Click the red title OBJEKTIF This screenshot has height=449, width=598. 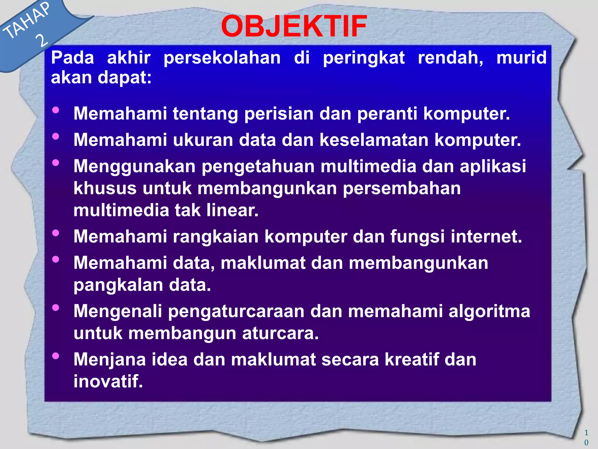[x=294, y=27]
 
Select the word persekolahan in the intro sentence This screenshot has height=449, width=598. [x=222, y=58]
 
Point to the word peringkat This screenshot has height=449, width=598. [x=364, y=58]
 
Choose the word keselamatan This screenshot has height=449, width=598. [x=374, y=140]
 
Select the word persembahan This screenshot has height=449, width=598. [x=401, y=188]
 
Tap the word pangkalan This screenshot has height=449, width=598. [x=118, y=285]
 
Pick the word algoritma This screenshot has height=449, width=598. [x=489, y=311]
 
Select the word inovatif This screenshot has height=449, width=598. [x=108, y=381]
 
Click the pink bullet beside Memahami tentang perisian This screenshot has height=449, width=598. [x=55, y=110]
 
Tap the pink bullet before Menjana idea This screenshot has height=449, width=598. [x=55, y=356]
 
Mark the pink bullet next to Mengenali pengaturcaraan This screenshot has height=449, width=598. [x=55, y=308]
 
